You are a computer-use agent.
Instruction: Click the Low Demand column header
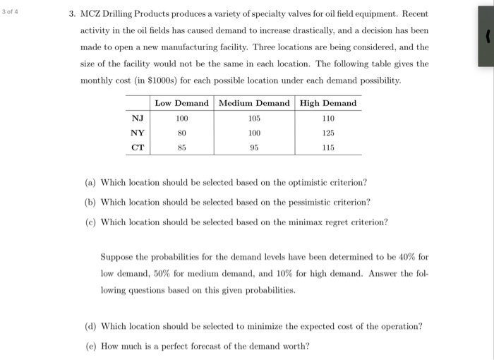click(181, 103)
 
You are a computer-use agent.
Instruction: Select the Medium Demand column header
click(254, 103)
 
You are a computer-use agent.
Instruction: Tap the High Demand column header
click(328, 103)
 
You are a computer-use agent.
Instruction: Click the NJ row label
click(138, 118)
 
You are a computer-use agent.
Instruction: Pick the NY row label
click(138, 133)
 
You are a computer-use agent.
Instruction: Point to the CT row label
click(138, 148)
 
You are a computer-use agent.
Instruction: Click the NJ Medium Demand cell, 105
click(254, 118)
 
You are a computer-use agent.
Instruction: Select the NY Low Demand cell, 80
click(181, 133)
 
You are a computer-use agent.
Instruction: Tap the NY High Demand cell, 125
click(328, 133)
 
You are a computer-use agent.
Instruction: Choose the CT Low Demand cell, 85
click(181, 148)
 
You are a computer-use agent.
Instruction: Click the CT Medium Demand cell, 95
click(254, 148)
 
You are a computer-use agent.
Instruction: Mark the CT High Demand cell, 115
click(328, 148)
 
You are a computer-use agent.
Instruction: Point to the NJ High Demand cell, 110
click(328, 118)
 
